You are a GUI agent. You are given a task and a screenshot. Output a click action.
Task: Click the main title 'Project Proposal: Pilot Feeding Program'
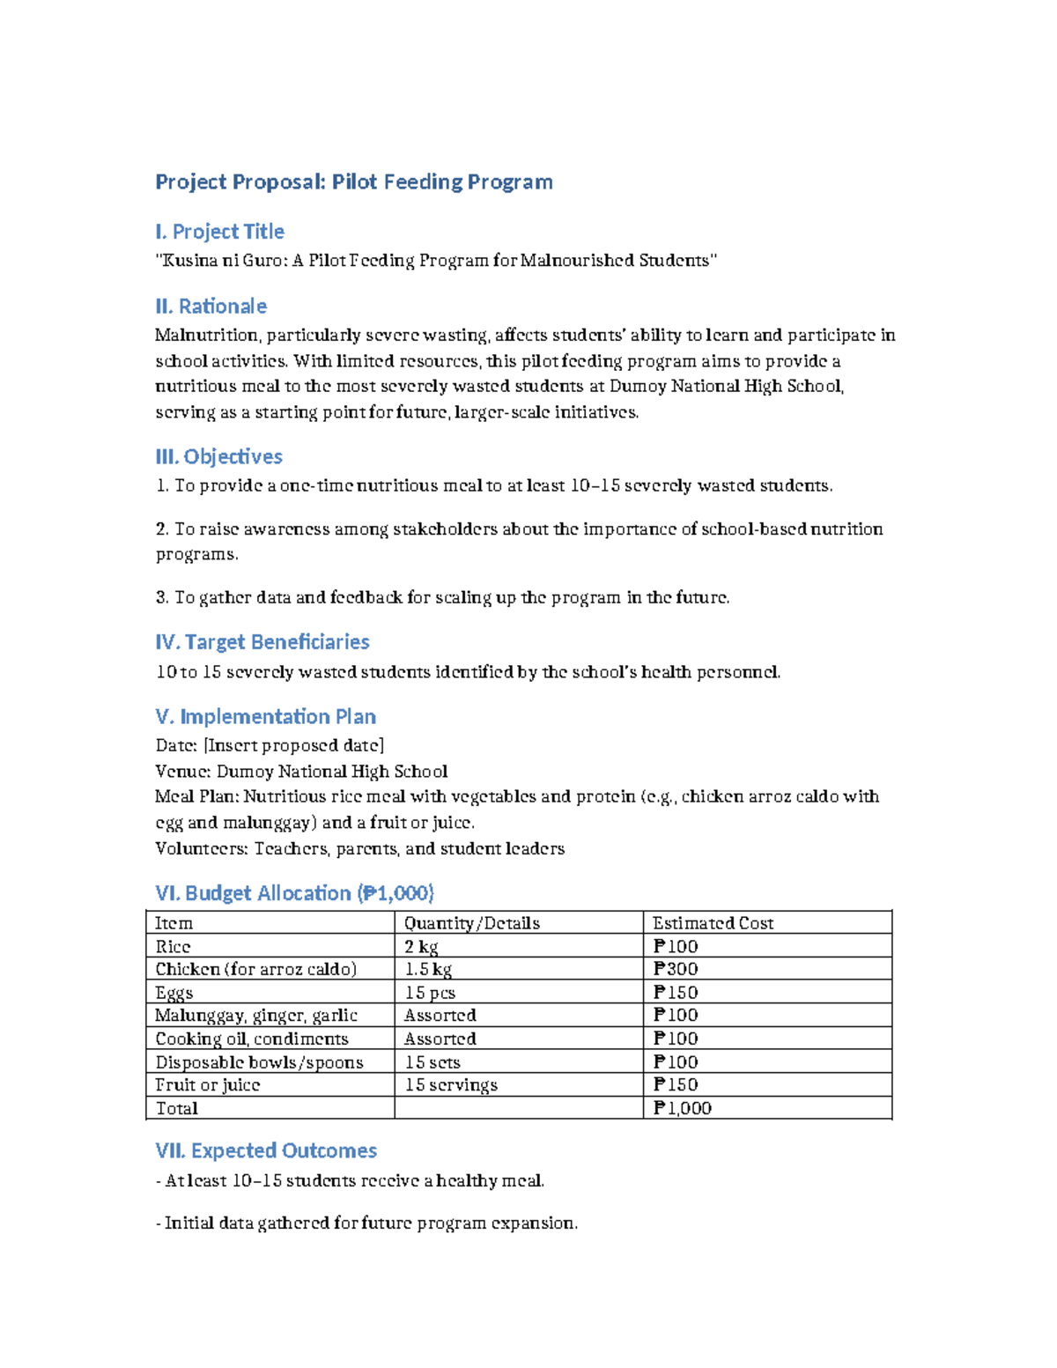pyautogui.click(x=354, y=182)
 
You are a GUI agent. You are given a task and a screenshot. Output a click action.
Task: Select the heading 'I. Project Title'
pyautogui.click(x=219, y=232)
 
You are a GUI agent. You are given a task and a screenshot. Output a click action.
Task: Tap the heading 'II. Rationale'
pyautogui.click(x=211, y=307)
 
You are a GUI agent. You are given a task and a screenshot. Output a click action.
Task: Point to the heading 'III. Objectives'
pyautogui.click(x=218, y=456)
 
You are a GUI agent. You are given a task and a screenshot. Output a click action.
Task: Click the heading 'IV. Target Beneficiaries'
pyautogui.click(x=262, y=642)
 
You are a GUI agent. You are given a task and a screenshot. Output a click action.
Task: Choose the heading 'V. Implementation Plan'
pyautogui.click(x=265, y=717)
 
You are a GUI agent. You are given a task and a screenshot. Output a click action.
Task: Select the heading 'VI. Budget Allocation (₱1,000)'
pyautogui.click(x=294, y=893)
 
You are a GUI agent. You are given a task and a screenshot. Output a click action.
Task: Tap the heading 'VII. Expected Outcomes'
pyautogui.click(x=266, y=1151)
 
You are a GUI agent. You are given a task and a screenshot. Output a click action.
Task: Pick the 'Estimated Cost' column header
pyautogui.click(x=713, y=923)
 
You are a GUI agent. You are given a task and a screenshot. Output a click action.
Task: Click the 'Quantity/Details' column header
pyautogui.click(x=471, y=923)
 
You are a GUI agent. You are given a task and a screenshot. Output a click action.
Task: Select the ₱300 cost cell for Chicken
pyautogui.click(x=676, y=969)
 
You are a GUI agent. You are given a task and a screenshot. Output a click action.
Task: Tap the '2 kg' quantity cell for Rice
pyautogui.click(x=421, y=947)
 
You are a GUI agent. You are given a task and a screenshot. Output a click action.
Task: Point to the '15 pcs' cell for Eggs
pyautogui.click(x=430, y=993)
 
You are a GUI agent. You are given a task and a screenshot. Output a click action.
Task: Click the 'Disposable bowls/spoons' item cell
pyautogui.click(x=259, y=1062)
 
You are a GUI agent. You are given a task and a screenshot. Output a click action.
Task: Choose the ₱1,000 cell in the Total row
pyautogui.click(x=682, y=1108)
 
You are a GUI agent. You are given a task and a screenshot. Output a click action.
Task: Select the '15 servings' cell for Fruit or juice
pyautogui.click(x=451, y=1085)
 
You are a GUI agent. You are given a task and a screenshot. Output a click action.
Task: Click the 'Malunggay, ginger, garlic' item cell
pyautogui.click(x=256, y=1016)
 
